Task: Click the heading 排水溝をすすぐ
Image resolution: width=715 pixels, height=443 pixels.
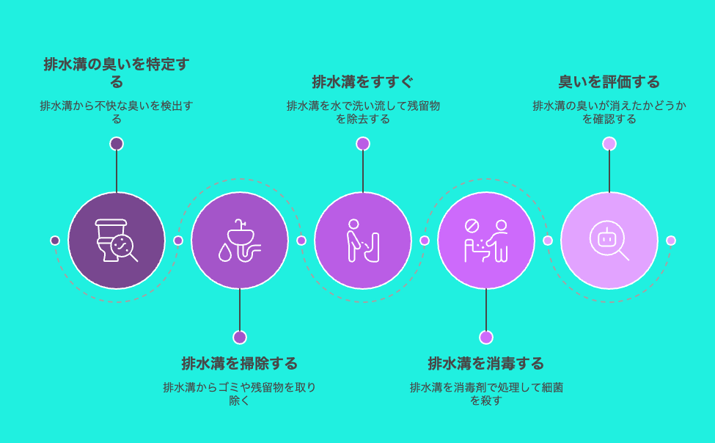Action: click(x=362, y=82)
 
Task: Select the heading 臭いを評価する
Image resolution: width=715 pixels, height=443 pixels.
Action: click(x=609, y=82)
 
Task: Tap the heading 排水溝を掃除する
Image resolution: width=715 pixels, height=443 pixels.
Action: click(x=239, y=364)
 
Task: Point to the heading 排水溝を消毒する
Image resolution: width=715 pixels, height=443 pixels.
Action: click(x=486, y=364)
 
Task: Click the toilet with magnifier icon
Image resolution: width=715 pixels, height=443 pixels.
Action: click(x=117, y=241)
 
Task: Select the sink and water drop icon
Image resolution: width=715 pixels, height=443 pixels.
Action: click(x=239, y=241)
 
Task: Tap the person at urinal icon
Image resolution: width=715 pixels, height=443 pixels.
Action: click(x=362, y=241)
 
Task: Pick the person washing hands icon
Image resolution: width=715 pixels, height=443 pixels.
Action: click(x=486, y=241)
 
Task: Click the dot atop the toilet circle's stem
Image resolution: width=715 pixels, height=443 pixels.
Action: click(x=117, y=144)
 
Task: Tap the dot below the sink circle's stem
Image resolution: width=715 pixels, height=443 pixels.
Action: click(x=239, y=337)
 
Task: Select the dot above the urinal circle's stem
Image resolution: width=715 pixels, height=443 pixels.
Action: click(x=362, y=144)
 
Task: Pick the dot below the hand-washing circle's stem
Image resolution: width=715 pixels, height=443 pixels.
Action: click(x=486, y=337)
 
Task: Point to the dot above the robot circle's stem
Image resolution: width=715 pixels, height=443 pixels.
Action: click(x=609, y=144)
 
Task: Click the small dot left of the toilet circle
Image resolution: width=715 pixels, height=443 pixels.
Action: click(x=55, y=241)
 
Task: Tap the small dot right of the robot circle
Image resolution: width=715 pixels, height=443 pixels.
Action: click(x=671, y=241)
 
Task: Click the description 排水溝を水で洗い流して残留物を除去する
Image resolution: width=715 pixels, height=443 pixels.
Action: click(x=362, y=112)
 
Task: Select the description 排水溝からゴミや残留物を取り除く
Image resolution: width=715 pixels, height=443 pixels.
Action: click(x=239, y=394)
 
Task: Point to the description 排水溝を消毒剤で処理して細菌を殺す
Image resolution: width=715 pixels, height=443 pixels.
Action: click(x=486, y=394)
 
